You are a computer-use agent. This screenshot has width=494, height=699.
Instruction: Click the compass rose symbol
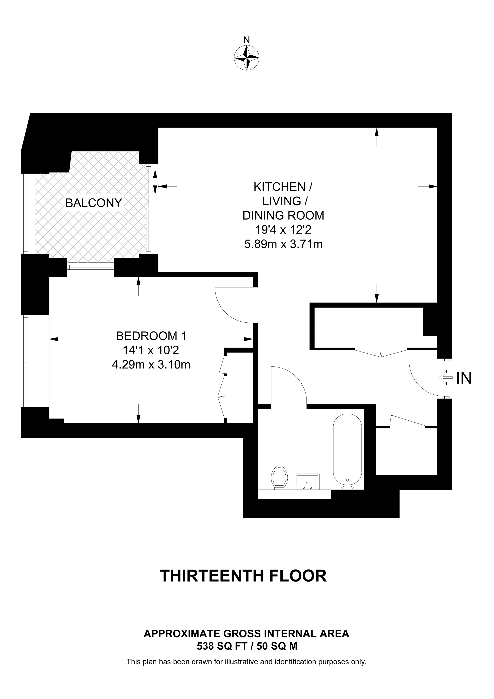[x=247, y=58]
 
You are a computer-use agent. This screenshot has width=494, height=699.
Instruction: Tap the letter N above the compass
[x=247, y=40]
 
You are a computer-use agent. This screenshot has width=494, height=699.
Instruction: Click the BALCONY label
[x=93, y=203]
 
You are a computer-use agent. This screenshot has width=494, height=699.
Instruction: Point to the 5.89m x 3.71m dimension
[x=283, y=244]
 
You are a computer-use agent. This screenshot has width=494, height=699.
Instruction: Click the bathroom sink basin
[x=307, y=482]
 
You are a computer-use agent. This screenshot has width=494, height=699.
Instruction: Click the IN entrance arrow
[x=445, y=377]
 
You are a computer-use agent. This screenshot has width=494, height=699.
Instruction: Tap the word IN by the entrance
[x=464, y=378]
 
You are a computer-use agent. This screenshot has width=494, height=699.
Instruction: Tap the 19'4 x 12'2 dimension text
[x=283, y=230]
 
